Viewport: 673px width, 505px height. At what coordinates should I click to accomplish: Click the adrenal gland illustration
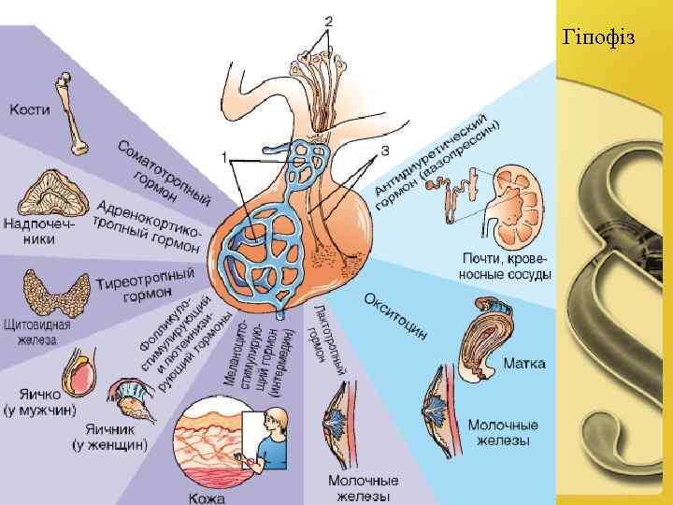tap(52, 194)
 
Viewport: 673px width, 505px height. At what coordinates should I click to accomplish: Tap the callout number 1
tap(224, 156)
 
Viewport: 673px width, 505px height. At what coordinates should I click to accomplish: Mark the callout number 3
tap(385, 150)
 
